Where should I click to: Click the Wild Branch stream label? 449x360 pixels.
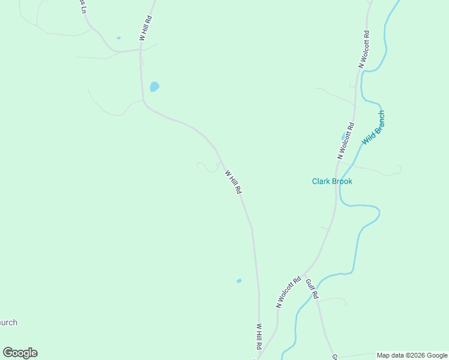pyautogui.click(x=373, y=128)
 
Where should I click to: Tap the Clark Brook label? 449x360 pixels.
pyautogui.click(x=332, y=181)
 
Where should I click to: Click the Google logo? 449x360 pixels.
pyautogui.click(x=20, y=353)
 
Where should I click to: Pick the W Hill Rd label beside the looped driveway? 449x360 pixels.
pyautogui.click(x=233, y=182)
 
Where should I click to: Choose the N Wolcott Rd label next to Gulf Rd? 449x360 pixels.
pyautogui.click(x=288, y=292)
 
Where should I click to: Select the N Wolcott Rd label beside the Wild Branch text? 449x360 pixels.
pyautogui.click(x=346, y=140)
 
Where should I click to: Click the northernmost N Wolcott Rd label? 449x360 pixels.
pyautogui.click(x=364, y=48)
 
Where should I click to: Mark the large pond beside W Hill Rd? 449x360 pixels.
pyautogui.click(x=154, y=86)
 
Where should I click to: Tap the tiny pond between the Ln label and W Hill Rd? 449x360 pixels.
pyautogui.click(x=118, y=38)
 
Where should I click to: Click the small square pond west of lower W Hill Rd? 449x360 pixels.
pyautogui.click(x=239, y=280)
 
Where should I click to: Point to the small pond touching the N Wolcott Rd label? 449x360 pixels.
pyautogui.click(x=344, y=136)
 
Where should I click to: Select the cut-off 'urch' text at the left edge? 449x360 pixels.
pyautogui.click(x=8, y=322)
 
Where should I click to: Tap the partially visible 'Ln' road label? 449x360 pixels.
pyautogui.click(x=83, y=7)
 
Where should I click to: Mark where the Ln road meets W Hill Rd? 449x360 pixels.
pyautogui.click(x=140, y=50)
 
